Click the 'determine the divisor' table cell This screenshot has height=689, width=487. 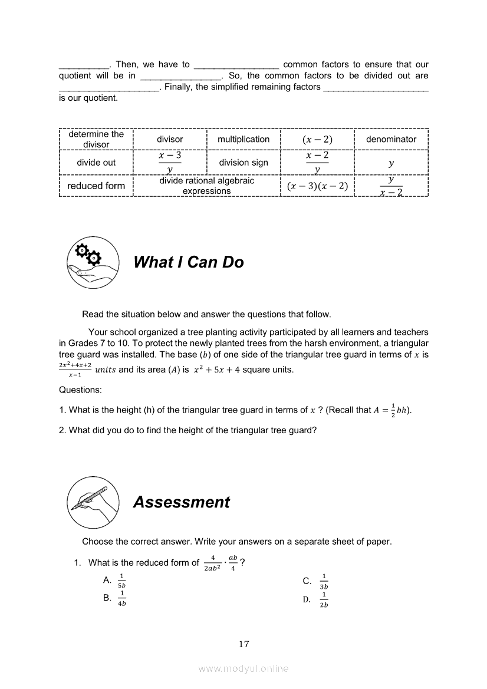pyautogui.click(x=96, y=139)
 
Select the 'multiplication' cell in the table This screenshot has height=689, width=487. pyautogui.click(x=244, y=139)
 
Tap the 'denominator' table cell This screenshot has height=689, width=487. pyautogui.click(x=391, y=139)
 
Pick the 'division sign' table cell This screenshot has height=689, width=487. pyautogui.click(x=244, y=163)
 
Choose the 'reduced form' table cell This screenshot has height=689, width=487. pyautogui.click(x=96, y=186)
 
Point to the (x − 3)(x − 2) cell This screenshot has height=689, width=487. pyautogui.click(x=317, y=186)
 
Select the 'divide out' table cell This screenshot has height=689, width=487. pyautogui.click(x=96, y=163)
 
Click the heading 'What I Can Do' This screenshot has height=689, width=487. pyautogui.click(x=189, y=262)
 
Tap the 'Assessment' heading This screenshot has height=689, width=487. pyautogui.click(x=182, y=502)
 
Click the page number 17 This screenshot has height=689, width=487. pyautogui.click(x=244, y=644)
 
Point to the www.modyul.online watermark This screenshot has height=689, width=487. pyautogui.click(x=244, y=668)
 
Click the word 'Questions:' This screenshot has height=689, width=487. pyautogui.click(x=80, y=390)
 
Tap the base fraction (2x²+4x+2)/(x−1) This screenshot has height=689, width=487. pyautogui.click(x=75, y=370)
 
